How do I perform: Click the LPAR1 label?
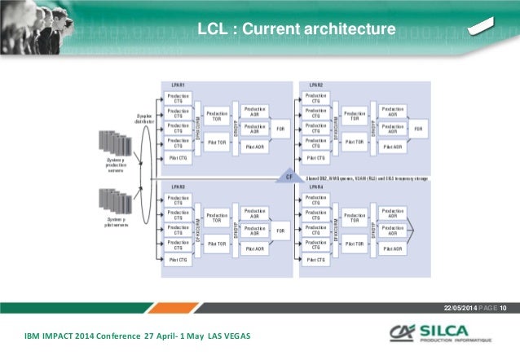177,86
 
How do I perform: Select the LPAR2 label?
315,86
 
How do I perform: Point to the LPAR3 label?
177,187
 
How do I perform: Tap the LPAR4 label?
315,187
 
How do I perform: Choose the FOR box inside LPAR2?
419,129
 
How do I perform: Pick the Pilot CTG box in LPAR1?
178,158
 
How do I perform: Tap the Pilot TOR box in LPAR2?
355,143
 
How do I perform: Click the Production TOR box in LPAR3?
217,217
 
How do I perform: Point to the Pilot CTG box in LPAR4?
316,260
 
